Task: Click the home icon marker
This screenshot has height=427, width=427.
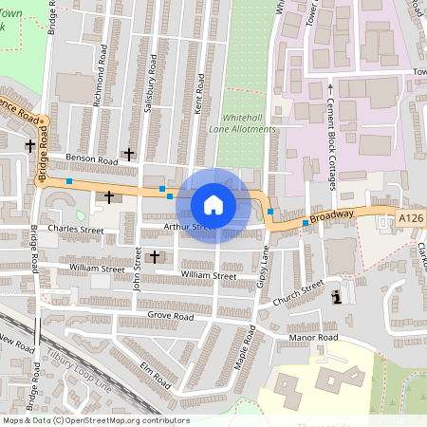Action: [x=213, y=205]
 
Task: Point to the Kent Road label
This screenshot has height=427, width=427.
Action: [x=198, y=96]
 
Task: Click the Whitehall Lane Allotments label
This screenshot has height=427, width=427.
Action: [x=242, y=120]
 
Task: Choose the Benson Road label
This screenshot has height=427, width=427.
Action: [x=91, y=161]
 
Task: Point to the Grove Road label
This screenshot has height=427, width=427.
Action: [x=171, y=316]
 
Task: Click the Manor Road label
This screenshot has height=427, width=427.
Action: [x=315, y=337]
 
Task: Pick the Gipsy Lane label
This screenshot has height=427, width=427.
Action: [x=264, y=269]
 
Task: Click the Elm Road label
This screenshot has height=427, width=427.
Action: [x=155, y=375]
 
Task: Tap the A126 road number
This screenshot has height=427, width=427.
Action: [x=409, y=219]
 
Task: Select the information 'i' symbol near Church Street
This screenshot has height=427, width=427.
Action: [x=337, y=298]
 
